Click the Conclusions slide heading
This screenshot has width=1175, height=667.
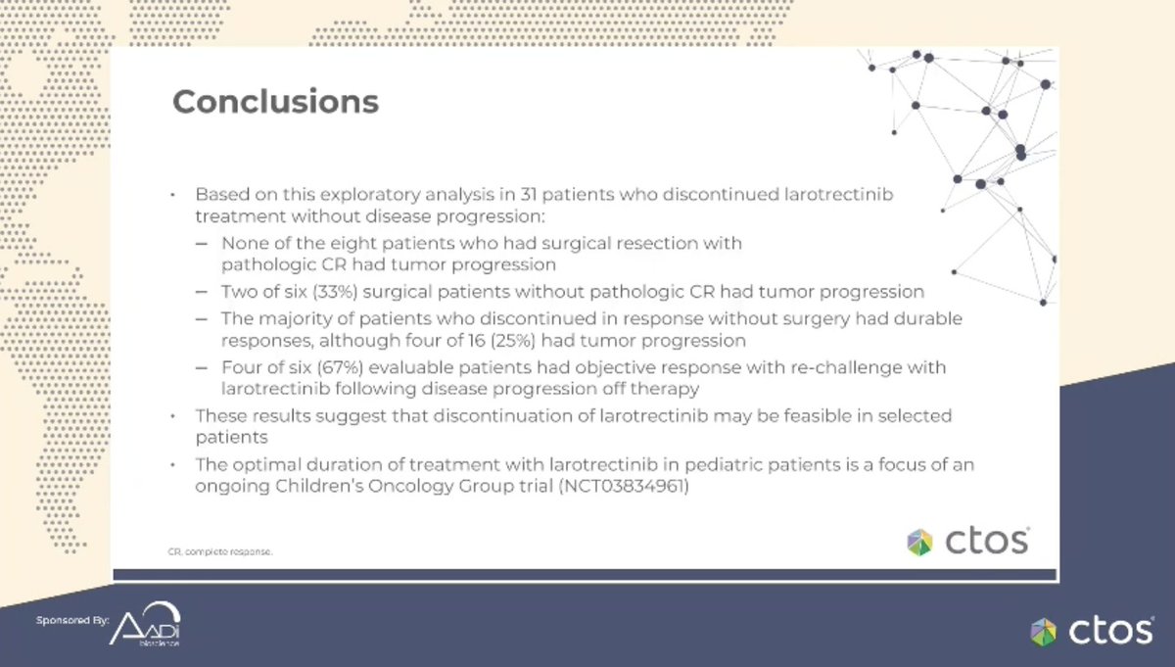coord(275,102)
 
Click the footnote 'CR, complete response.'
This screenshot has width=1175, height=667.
coord(220,551)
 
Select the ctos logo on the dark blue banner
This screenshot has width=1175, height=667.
coord(1091,631)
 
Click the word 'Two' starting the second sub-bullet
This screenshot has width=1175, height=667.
coord(238,291)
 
